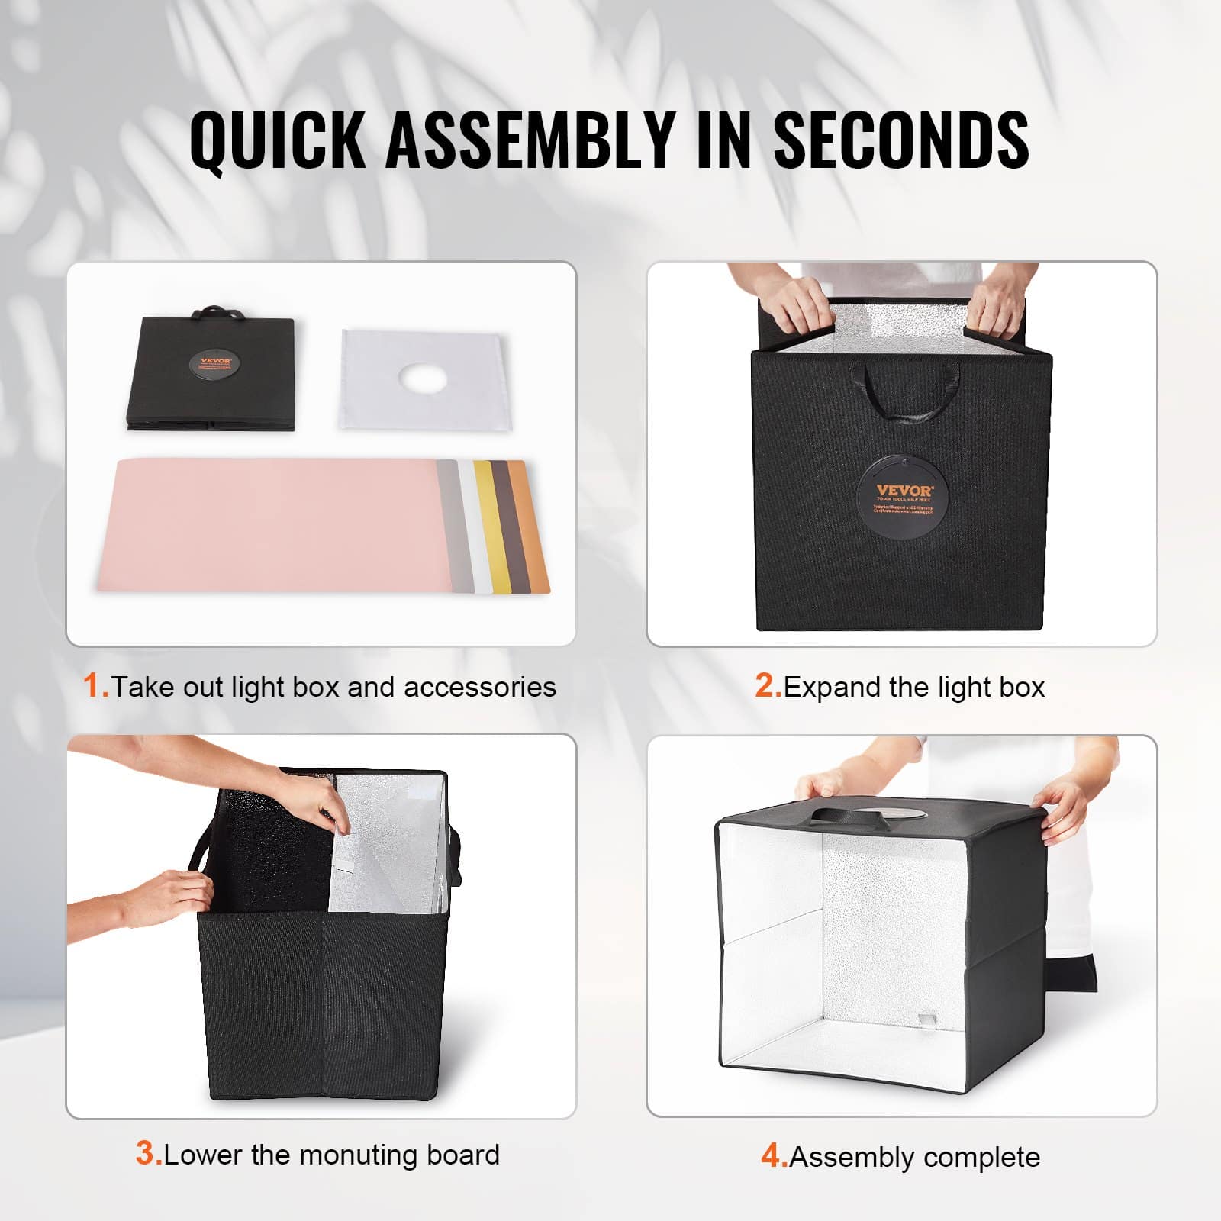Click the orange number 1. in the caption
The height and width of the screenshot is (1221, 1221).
[x=95, y=686]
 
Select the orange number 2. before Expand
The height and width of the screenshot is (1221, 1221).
[x=768, y=686]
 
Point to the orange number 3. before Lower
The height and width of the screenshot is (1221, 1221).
[x=149, y=1153]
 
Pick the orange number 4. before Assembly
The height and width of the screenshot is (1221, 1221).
[x=774, y=1156]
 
